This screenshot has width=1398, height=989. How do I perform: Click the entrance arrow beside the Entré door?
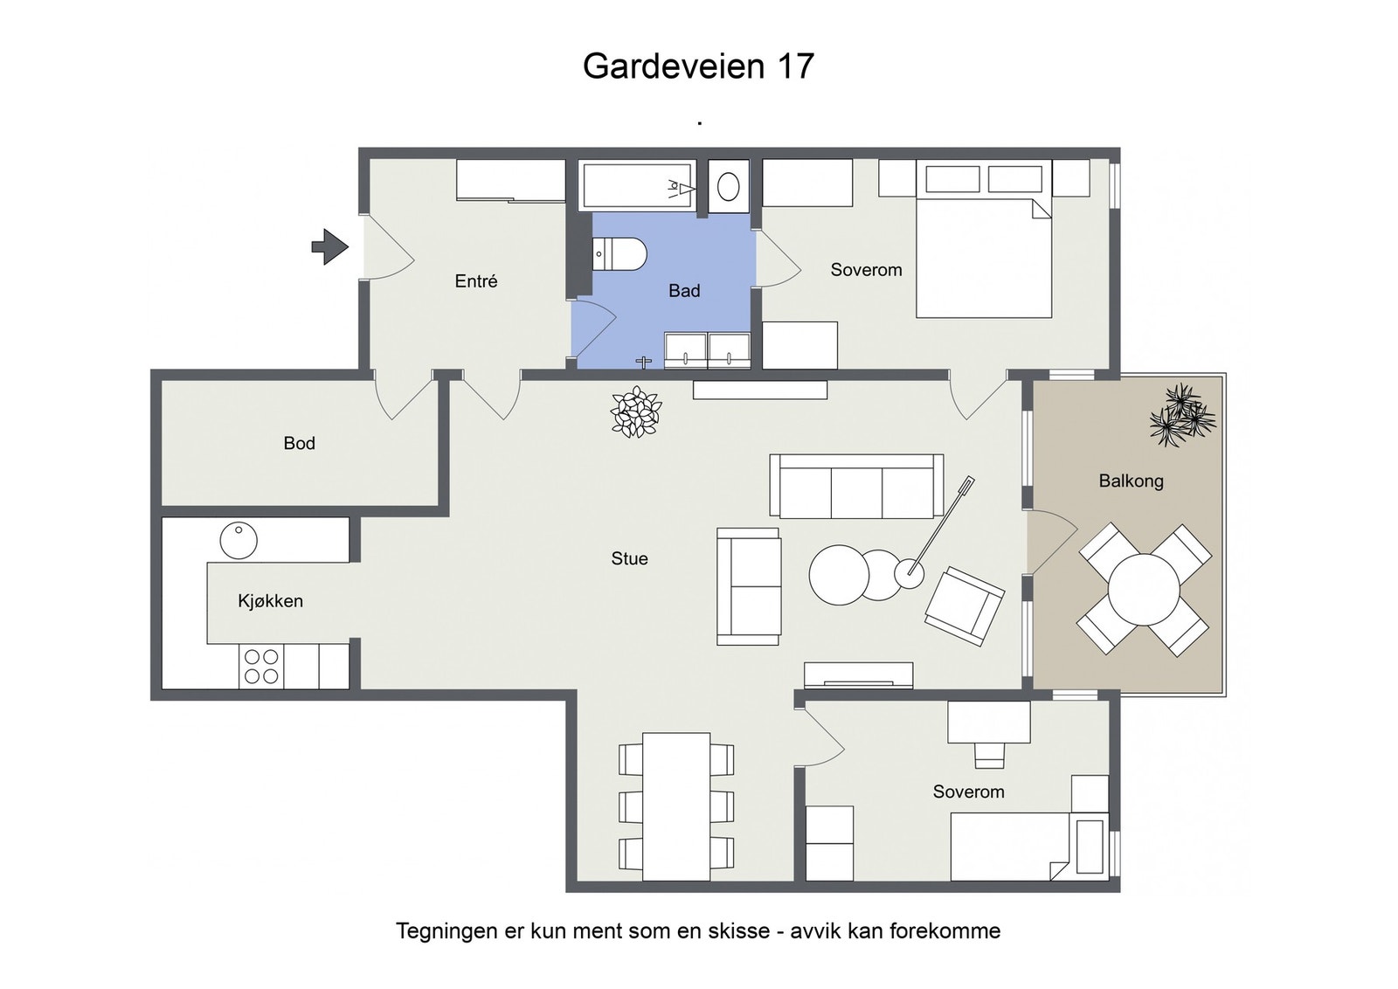tap(329, 246)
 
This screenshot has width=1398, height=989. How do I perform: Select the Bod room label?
tap(299, 443)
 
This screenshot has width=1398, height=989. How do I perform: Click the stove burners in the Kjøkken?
tap(261, 667)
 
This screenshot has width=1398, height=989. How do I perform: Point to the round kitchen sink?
tap(239, 541)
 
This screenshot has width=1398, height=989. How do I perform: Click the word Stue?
tap(629, 558)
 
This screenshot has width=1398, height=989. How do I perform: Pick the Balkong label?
tap(1131, 481)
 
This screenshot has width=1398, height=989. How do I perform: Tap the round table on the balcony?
tap(1144, 590)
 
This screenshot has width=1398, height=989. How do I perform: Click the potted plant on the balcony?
tap(1181, 415)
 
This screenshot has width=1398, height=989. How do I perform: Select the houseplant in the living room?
tap(636, 412)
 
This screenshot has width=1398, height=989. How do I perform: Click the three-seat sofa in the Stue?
tap(856, 486)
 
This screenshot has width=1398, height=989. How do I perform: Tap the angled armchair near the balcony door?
tap(965, 605)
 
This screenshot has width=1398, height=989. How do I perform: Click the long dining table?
tap(676, 806)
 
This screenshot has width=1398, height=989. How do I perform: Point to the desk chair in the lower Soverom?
tap(989, 754)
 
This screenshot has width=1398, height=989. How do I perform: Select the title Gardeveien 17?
tap(698, 66)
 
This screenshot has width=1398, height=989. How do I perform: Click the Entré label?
tap(476, 281)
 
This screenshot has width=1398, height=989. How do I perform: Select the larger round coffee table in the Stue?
tap(839, 575)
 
